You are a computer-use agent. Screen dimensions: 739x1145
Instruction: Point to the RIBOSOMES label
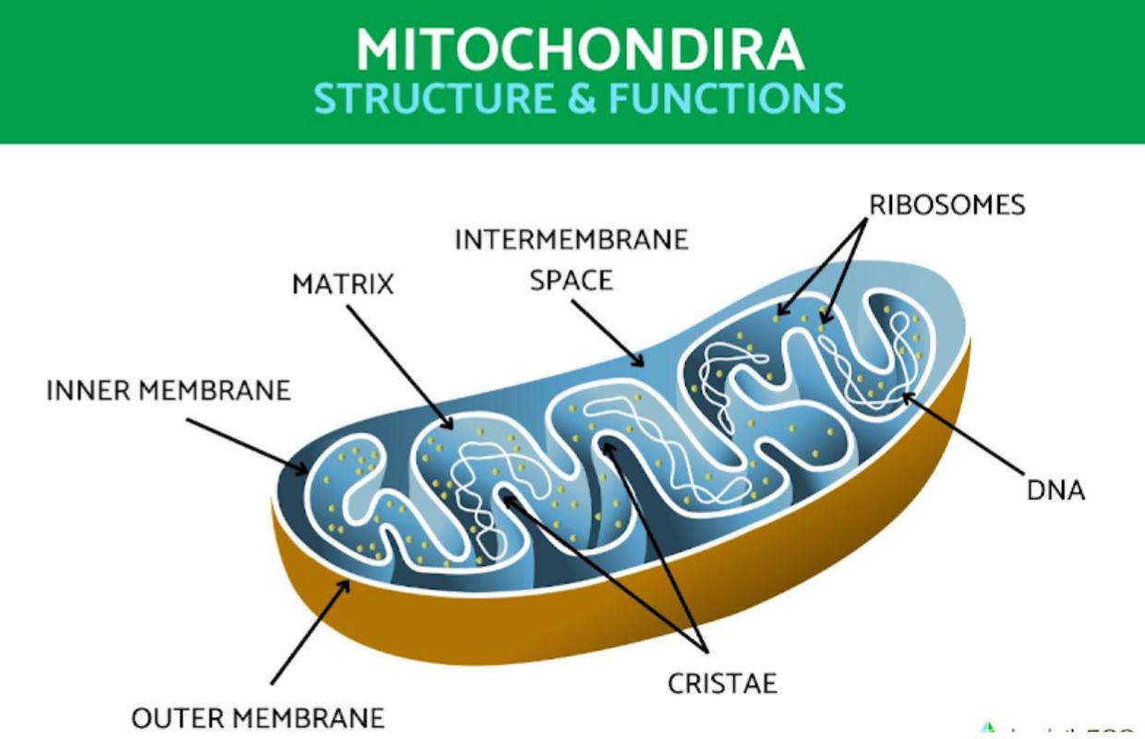(947, 204)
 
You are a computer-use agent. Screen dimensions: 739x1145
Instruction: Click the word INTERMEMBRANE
(572, 239)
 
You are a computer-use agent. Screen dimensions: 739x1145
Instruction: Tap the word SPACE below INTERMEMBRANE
(571, 279)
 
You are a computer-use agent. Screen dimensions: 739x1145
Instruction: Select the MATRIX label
(343, 284)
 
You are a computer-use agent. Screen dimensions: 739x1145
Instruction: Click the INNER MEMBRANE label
(168, 391)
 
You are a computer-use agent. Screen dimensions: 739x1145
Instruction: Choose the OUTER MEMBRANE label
(258, 718)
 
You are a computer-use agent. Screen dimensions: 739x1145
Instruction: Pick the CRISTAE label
(722, 684)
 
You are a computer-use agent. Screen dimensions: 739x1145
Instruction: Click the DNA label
(1055, 490)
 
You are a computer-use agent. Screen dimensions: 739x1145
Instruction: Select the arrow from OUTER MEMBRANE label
(310, 632)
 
